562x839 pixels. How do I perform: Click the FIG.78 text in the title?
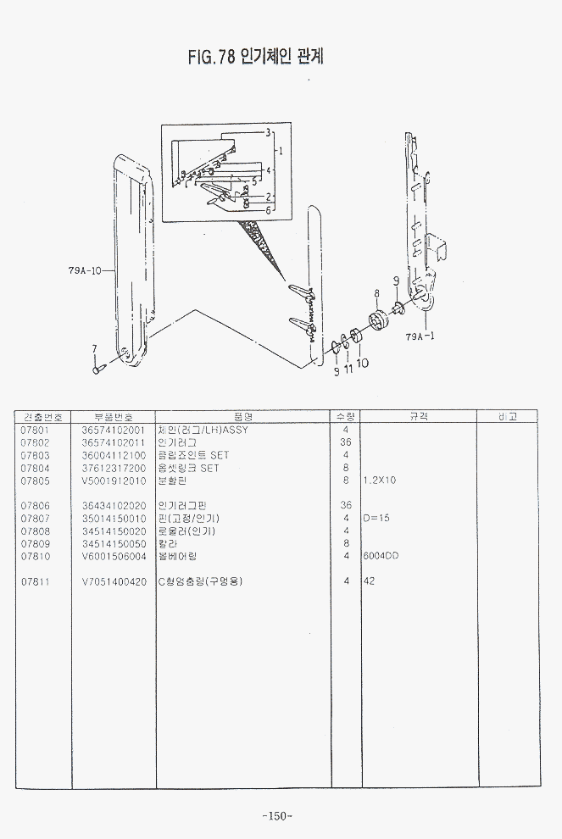[211, 57]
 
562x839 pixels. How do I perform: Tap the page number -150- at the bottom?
[277, 816]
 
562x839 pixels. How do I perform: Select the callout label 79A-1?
[420, 336]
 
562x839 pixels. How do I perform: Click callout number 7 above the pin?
[95, 348]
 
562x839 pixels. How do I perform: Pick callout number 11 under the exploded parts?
[348, 369]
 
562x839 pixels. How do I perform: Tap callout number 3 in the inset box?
[268, 132]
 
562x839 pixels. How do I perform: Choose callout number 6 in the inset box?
[268, 209]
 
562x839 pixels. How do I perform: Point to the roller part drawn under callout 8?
[377, 324]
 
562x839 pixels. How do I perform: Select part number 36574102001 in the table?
[114, 430]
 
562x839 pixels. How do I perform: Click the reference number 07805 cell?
[35, 481]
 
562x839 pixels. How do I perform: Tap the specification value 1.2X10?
[379, 481]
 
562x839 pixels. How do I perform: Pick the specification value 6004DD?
[381, 556]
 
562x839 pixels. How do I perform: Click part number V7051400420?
[114, 581]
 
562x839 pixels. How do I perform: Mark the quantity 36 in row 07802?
[345, 442]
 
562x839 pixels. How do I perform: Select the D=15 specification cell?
[376, 518]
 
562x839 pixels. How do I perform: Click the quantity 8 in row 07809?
[346, 543]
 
